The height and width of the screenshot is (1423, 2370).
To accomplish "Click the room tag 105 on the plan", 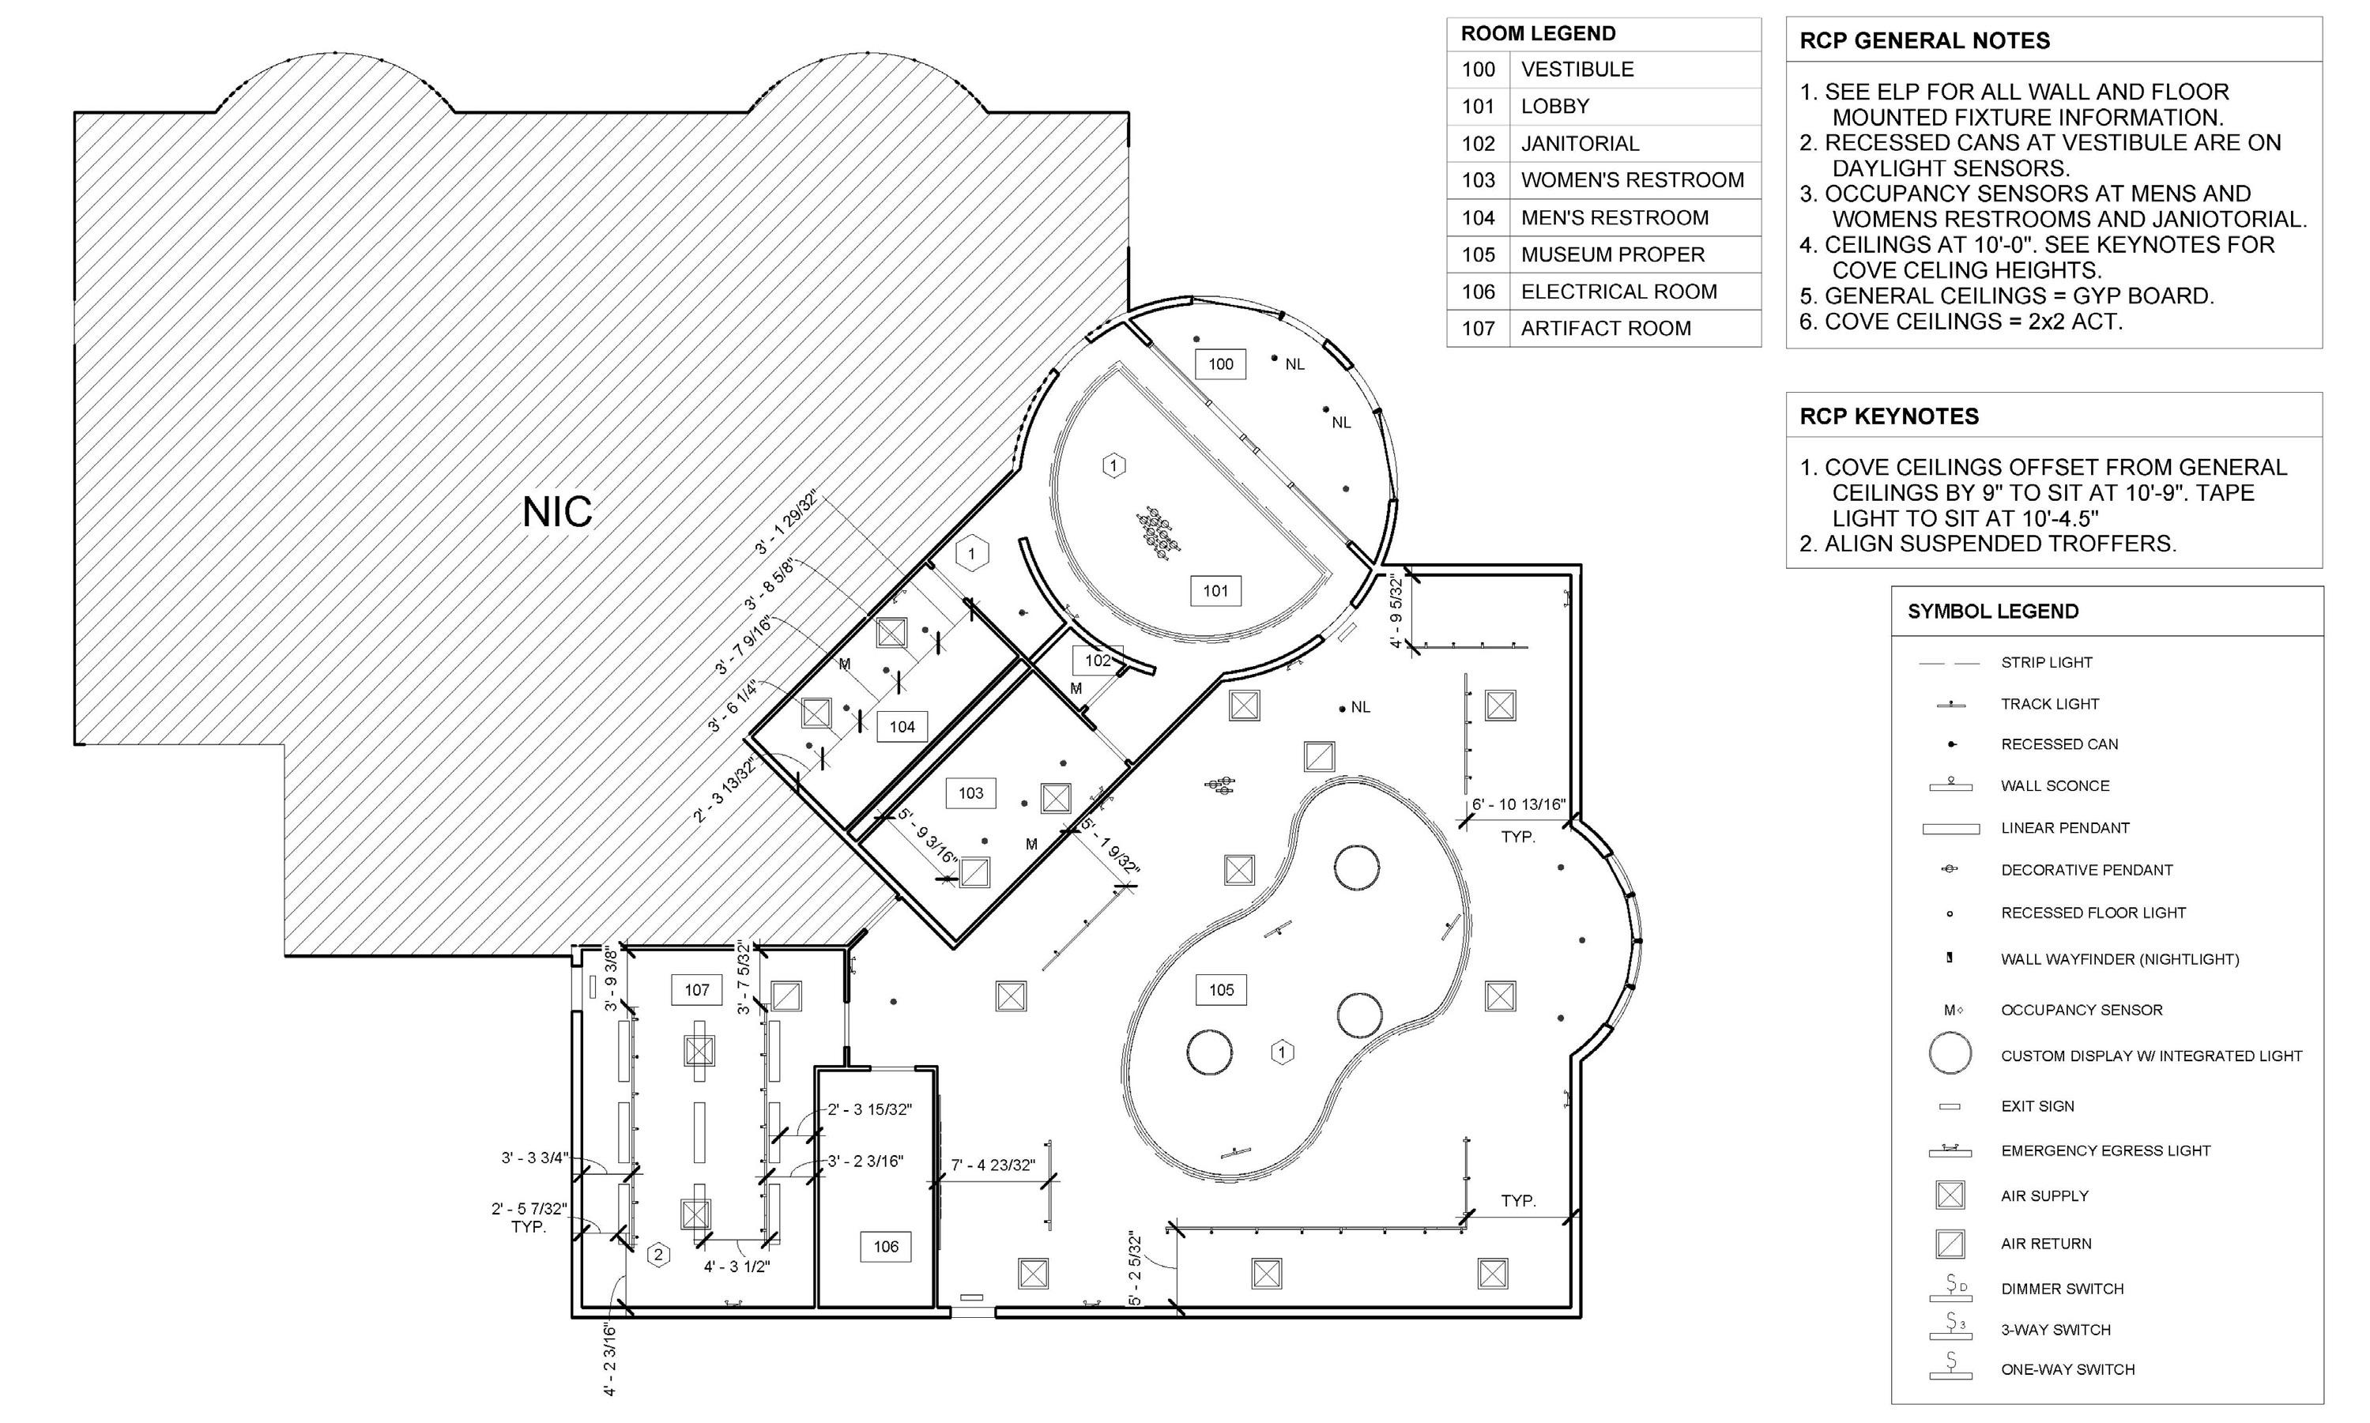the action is pos(1221,989).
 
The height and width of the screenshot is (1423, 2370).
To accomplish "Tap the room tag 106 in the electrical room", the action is pos(885,1247).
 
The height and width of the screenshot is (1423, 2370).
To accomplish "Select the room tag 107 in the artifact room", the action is pos(697,989).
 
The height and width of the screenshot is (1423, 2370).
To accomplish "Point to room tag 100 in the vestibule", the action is pos(1220,364).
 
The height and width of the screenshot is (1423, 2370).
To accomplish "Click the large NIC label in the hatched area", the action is pos(557,512).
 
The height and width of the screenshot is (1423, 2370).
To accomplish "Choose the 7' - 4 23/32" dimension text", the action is pos(993,1165).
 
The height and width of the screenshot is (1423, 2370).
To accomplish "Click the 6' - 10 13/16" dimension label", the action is pos(1518,804).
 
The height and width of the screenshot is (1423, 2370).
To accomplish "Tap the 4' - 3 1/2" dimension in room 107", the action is pos(737,1267).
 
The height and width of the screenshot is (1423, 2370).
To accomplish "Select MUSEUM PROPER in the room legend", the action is pos(1612,255).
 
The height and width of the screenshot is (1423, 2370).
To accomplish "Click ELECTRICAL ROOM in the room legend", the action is pos(1619,292).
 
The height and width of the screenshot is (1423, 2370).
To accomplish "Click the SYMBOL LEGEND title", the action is pos(1993,612).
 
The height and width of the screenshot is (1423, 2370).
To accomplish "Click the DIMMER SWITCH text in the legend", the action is pos(2062,1289).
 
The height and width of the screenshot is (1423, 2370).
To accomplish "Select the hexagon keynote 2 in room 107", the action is pos(658,1254).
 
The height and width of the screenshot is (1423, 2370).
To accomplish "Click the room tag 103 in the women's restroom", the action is pos(970,793).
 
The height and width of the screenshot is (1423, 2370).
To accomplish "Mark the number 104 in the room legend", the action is pos(1478,217).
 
